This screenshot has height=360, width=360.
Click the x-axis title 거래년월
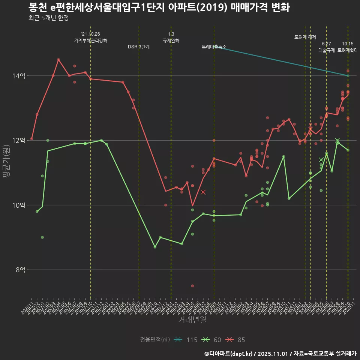coord(192,320)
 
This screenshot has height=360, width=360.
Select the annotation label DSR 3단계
coord(139,47)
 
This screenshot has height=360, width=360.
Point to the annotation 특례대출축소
coord(214,47)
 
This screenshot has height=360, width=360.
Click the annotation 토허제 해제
coord(305,37)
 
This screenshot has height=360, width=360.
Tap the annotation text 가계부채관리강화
coord(91,40)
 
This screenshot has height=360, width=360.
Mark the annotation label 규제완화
coord(171,40)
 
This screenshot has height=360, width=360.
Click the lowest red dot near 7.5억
coord(192,286)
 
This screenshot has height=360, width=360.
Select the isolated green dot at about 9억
coord(42,237)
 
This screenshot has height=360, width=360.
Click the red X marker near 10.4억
coord(203,192)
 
